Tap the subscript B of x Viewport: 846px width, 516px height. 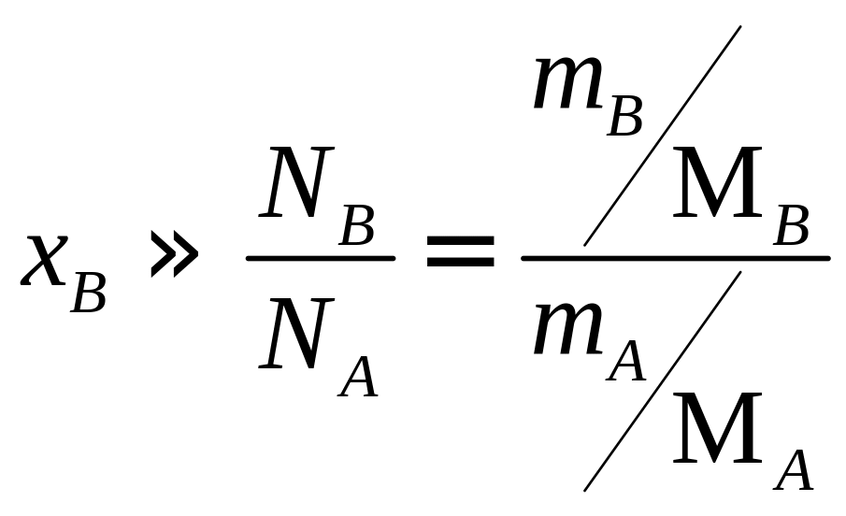coord(89,292)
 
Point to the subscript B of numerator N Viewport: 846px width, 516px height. coord(357,227)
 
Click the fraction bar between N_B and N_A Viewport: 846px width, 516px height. coord(320,257)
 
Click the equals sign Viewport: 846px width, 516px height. coord(460,251)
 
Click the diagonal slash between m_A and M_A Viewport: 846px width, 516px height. coord(662,381)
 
